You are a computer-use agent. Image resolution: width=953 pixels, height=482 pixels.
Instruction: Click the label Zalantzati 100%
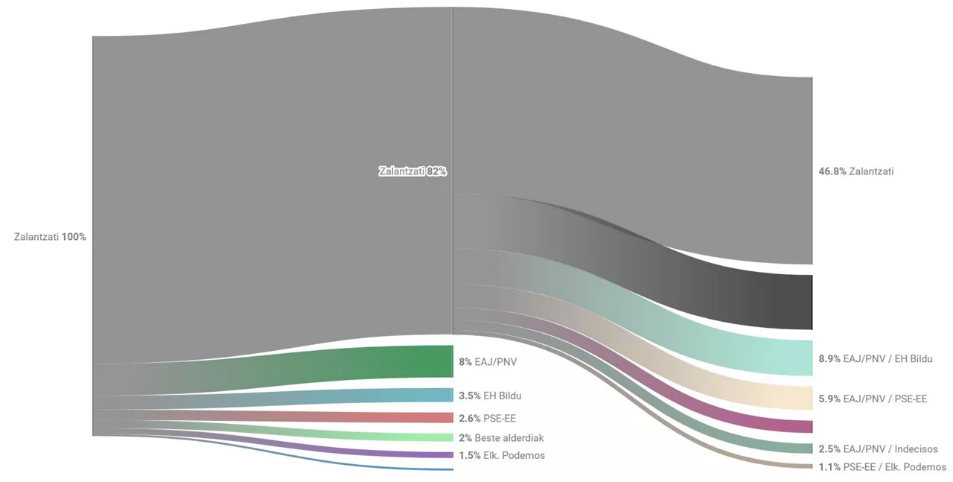pyautogui.click(x=51, y=237)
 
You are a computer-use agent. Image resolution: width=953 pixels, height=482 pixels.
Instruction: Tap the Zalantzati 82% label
pyautogui.click(x=412, y=171)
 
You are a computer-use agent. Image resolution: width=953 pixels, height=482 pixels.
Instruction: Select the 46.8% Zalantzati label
pyautogui.click(x=856, y=171)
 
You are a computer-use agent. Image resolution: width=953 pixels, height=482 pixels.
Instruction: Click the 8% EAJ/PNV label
pyautogui.click(x=488, y=362)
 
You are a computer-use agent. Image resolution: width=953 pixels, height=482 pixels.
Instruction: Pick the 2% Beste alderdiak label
pyautogui.click(x=501, y=437)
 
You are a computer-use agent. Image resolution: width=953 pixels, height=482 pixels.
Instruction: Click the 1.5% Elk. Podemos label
pyautogui.click(x=502, y=455)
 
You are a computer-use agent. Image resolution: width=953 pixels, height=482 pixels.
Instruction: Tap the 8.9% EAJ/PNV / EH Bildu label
pyautogui.click(x=875, y=358)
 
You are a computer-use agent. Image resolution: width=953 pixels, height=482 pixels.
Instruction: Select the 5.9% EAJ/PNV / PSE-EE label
pyautogui.click(x=873, y=399)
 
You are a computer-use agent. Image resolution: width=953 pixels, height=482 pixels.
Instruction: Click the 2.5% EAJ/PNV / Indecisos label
pyautogui.click(x=878, y=449)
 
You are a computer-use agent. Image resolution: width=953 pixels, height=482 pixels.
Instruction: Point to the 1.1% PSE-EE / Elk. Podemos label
pyautogui.click(x=882, y=467)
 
